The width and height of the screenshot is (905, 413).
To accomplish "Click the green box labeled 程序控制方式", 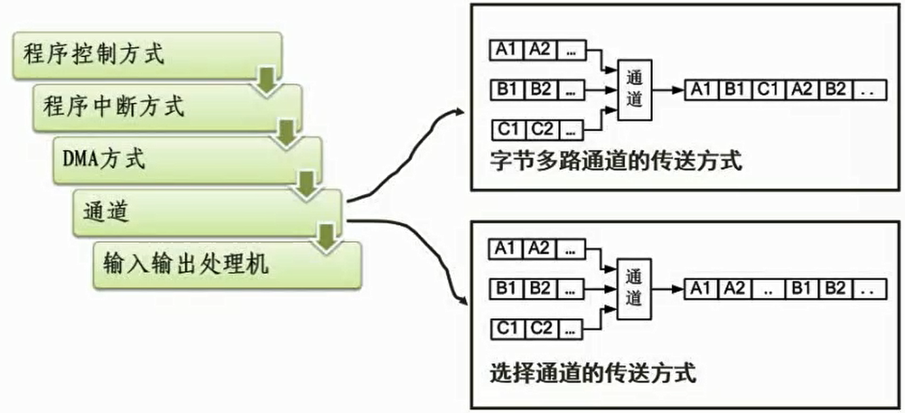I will (131, 54).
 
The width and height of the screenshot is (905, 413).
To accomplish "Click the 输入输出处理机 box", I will (216, 265).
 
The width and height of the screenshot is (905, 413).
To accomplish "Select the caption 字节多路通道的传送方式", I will (616, 161).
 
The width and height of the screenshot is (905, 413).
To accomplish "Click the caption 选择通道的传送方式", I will (593, 374).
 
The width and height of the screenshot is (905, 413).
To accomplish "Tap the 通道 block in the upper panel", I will (635, 90).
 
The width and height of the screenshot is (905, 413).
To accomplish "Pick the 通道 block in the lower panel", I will (635, 288).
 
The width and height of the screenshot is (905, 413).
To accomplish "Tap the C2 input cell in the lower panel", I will (542, 328).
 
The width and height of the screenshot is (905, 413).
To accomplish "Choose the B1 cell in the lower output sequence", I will (802, 288).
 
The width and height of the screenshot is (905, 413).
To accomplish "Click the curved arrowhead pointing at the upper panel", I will (458, 113).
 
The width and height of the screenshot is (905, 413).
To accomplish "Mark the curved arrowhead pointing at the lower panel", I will (461, 302).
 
